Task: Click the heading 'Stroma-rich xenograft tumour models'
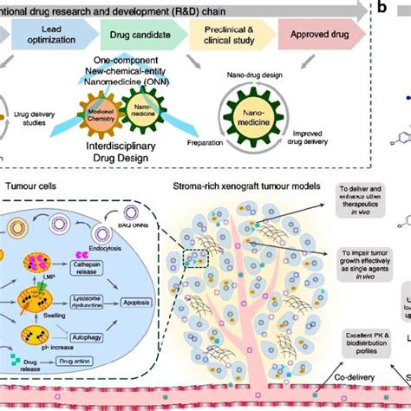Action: coord(257,186)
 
